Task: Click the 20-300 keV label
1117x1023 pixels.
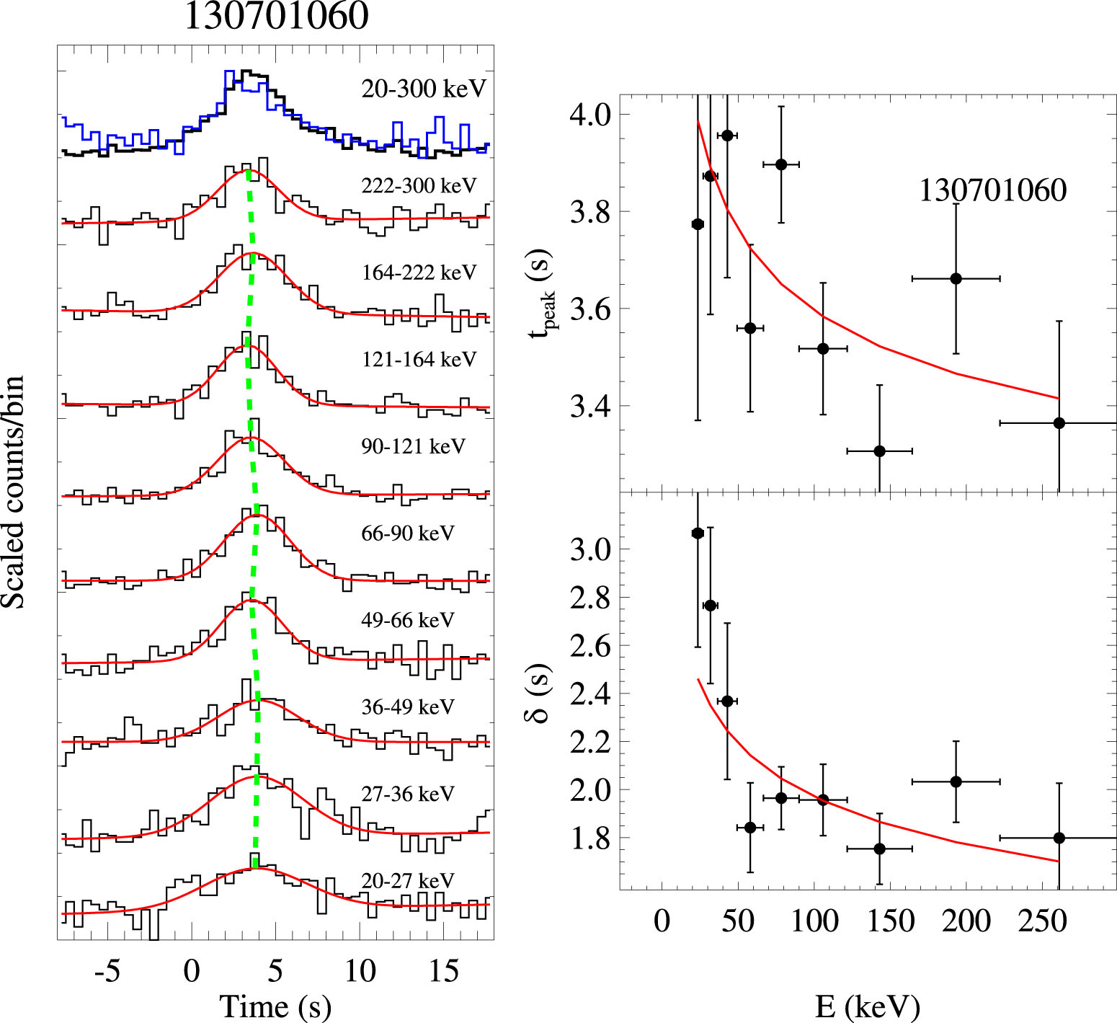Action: (424, 89)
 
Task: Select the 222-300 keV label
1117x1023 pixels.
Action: (419, 186)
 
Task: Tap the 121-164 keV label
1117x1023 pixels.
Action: (419, 359)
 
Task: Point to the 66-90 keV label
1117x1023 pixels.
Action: (408, 533)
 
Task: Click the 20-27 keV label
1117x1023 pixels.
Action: (408, 881)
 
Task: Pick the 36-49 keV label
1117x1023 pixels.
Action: (408, 707)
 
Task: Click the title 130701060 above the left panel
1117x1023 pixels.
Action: (276, 16)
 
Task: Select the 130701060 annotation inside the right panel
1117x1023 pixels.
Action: (992, 190)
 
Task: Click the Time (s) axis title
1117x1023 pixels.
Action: (275, 1006)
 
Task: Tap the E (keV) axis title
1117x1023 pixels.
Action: (868, 1006)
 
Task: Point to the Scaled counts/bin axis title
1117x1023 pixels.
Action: (13, 492)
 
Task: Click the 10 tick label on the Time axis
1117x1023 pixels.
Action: (359, 971)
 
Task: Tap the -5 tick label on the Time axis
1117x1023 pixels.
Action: (107, 971)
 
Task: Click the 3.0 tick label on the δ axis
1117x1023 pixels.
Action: (590, 549)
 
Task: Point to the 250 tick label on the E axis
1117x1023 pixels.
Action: (1042, 921)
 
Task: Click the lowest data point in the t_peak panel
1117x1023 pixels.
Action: (879, 451)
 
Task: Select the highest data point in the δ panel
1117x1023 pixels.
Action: (698, 533)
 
